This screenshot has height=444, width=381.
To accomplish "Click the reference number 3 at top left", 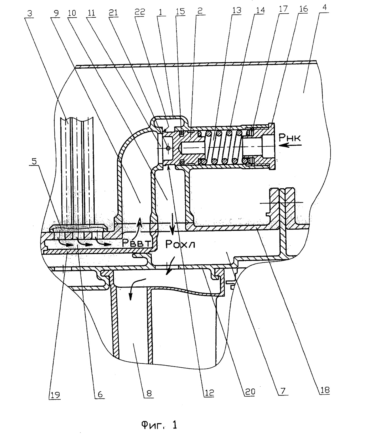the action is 30,13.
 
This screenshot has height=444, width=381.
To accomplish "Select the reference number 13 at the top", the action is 237,10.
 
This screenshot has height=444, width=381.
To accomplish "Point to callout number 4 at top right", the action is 324,7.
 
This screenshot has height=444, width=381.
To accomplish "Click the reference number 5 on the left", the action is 34,161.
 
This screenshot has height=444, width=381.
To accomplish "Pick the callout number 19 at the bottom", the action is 55,395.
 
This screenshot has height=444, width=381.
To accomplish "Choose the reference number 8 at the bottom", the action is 149,393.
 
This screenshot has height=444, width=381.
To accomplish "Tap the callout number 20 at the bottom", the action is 250,392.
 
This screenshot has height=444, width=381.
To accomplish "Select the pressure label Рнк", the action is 290,137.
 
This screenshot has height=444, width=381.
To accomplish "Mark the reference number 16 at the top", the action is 304,9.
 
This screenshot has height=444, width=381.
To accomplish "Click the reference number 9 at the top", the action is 56,13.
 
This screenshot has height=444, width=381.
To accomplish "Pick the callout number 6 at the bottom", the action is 100,394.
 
